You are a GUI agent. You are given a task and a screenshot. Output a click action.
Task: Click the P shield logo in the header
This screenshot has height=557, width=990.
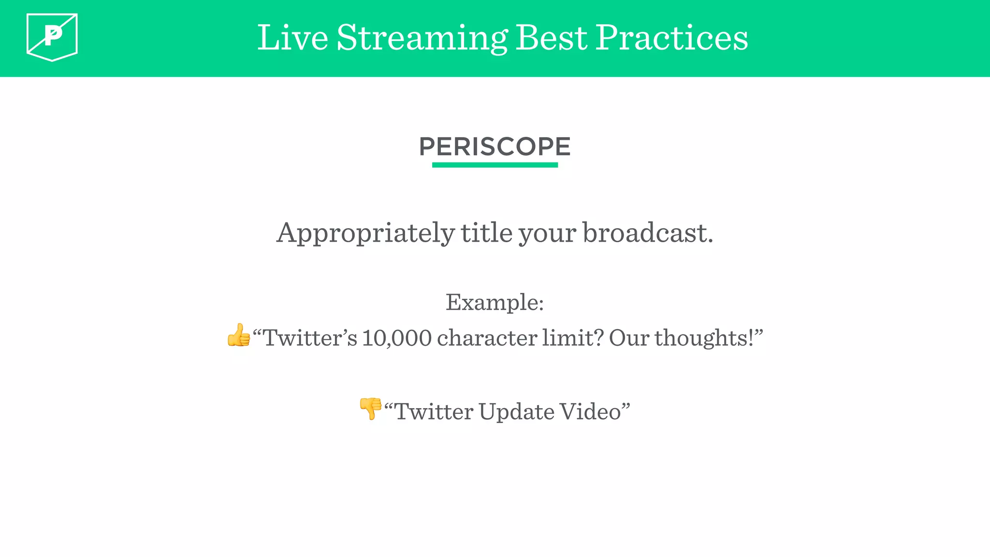(x=52, y=37)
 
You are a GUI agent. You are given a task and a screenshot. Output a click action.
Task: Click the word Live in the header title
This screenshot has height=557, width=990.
(x=292, y=38)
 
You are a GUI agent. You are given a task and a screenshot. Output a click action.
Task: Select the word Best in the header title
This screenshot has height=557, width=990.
(x=552, y=38)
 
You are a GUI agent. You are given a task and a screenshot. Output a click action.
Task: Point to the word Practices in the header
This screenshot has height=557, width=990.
(x=671, y=38)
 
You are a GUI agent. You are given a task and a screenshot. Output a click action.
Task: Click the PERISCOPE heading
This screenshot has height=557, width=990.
(x=495, y=147)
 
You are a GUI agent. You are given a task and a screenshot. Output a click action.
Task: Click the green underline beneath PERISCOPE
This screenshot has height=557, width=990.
(x=495, y=165)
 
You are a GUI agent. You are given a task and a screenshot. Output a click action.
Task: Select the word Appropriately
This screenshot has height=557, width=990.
(x=365, y=234)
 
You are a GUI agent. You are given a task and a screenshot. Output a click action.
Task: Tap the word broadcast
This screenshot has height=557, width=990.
(x=647, y=233)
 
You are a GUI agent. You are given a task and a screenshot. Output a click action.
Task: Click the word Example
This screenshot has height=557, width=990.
(x=494, y=303)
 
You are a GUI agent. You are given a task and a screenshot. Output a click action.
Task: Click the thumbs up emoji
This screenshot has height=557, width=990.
(x=239, y=336)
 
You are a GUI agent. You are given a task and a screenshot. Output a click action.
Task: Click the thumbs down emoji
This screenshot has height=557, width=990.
(x=371, y=409)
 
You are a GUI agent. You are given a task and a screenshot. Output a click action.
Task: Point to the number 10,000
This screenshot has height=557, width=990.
(x=396, y=338)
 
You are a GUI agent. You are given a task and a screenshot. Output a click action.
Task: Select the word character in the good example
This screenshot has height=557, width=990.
(x=486, y=338)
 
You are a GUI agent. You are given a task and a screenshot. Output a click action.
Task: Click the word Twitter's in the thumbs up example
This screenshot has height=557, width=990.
(x=310, y=338)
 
